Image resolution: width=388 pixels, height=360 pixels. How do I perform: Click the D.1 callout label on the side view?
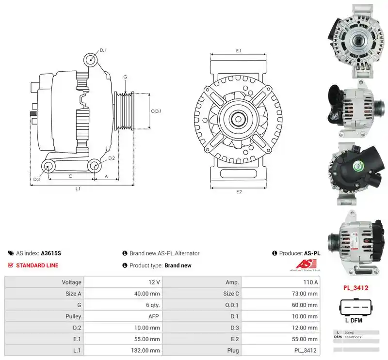[x=103, y=50]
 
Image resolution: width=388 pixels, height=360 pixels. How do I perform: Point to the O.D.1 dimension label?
[x=156, y=111]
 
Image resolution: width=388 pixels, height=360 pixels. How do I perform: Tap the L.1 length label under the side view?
[x=78, y=188]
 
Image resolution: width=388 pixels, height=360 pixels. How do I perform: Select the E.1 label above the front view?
[x=239, y=51]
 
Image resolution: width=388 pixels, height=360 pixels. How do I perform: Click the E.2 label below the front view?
[x=239, y=191]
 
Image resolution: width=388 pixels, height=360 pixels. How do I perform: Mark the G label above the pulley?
[x=125, y=77]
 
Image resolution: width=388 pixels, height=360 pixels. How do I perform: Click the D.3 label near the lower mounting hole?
[x=36, y=179]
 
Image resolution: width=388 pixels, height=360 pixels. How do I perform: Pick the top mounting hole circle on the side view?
[x=90, y=60]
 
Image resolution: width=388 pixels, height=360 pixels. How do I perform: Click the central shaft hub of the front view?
[x=238, y=119]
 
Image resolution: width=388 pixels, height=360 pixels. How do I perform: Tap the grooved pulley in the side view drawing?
[x=124, y=111]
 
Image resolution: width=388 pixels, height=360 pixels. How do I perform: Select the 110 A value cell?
[x=310, y=282]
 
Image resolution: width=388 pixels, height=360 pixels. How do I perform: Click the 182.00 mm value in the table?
[x=147, y=350]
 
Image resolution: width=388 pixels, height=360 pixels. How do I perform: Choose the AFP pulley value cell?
[x=154, y=316]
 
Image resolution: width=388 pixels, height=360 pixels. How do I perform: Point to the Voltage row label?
[x=71, y=282]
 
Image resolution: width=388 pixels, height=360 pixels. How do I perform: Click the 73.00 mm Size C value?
[x=305, y=294]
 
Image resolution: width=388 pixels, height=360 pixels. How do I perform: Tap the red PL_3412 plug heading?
[x=356, y=288]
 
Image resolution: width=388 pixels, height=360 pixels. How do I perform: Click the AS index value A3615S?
[x=51, y=253]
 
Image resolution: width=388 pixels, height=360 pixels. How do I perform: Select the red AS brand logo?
[x=306, y=264]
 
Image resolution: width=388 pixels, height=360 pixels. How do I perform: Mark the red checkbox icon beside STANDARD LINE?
[x=10, y=266]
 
